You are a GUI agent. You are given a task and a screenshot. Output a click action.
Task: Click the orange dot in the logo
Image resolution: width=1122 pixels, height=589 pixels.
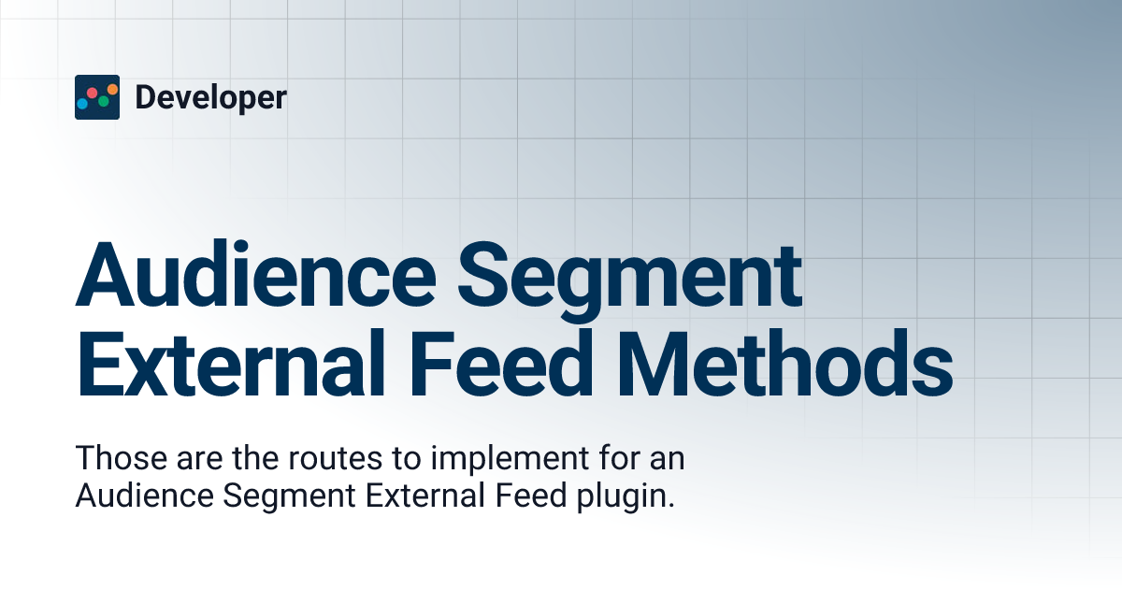(x=111, y=90)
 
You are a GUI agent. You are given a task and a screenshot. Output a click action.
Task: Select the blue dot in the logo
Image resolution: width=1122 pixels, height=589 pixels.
(x=82, y=104)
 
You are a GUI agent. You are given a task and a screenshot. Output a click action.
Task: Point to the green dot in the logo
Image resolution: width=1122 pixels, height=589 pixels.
(x=103, y=101)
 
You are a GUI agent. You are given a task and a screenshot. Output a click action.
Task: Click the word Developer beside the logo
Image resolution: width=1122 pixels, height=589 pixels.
(x=210, y=97)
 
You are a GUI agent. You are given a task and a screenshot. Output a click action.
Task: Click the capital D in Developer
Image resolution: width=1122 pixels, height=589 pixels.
(x=146, y=97)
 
